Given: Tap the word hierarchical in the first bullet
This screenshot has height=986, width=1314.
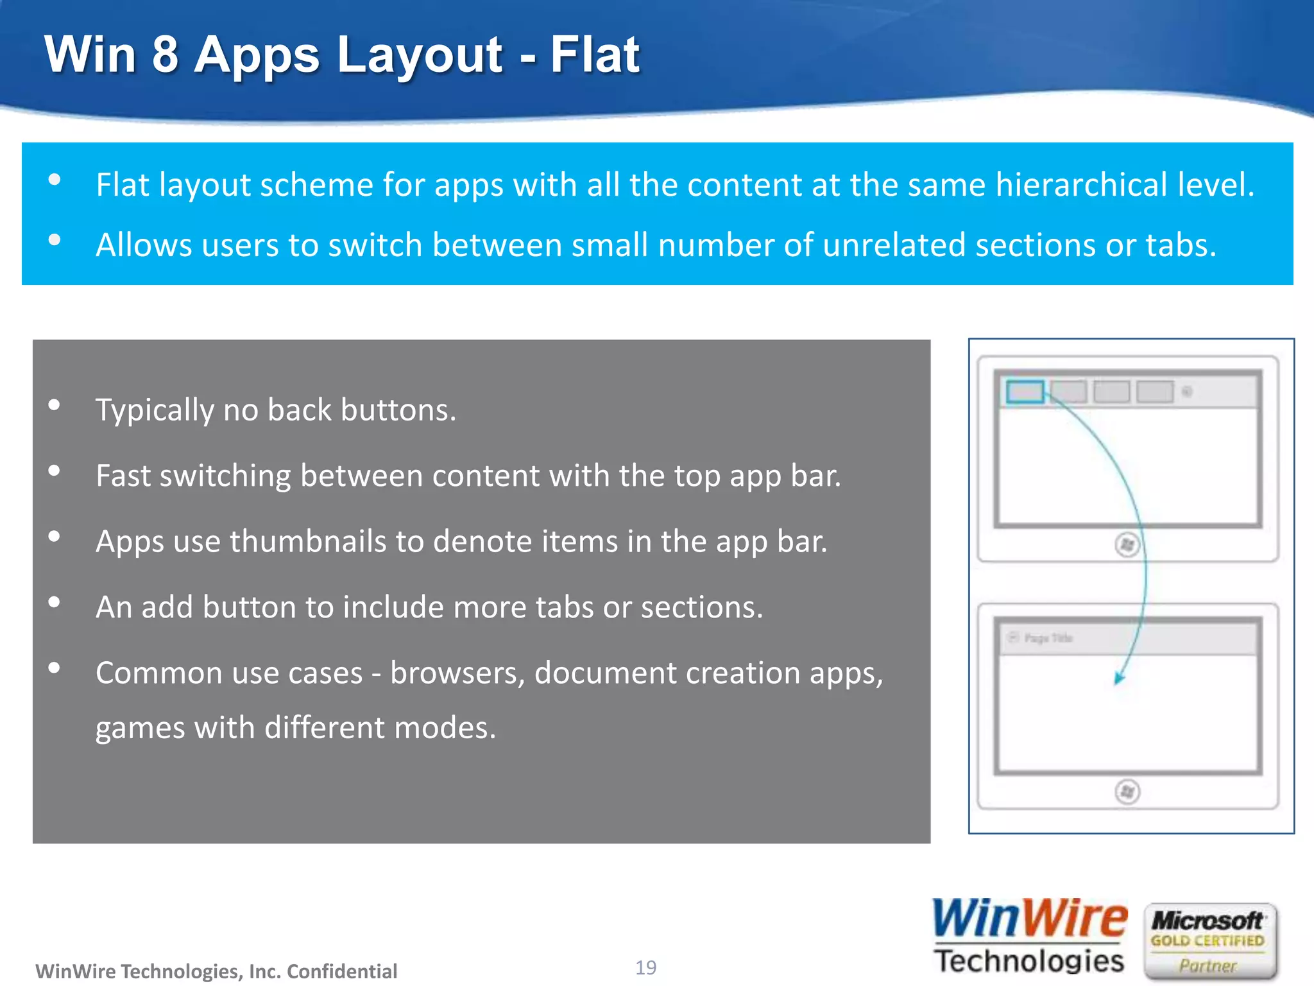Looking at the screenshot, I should [x=1081, y=185].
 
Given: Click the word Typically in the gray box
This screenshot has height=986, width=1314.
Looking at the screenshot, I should [x=154, y=411].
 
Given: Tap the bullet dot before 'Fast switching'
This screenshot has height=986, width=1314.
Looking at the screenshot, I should [x=55, y=471].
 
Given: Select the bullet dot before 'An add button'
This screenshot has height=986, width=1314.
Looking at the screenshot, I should [x=55, y=602].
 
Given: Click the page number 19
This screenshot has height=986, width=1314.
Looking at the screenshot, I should [x=645, y=967].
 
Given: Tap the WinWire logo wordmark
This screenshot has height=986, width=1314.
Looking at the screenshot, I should [x=1029, y=919].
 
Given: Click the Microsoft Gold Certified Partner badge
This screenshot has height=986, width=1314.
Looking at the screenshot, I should [x=1209, y=941].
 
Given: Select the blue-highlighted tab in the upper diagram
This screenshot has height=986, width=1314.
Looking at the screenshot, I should [x=1025, y=392].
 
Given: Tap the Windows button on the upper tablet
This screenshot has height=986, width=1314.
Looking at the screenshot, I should [x=1127, y=545].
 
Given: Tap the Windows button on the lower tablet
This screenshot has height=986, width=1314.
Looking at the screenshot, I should [x=1127, y=791].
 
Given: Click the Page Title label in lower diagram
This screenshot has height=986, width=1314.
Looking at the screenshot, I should [x=1048, y=638].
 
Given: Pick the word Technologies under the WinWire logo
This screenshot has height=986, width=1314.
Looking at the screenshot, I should [x=1029, y=961].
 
